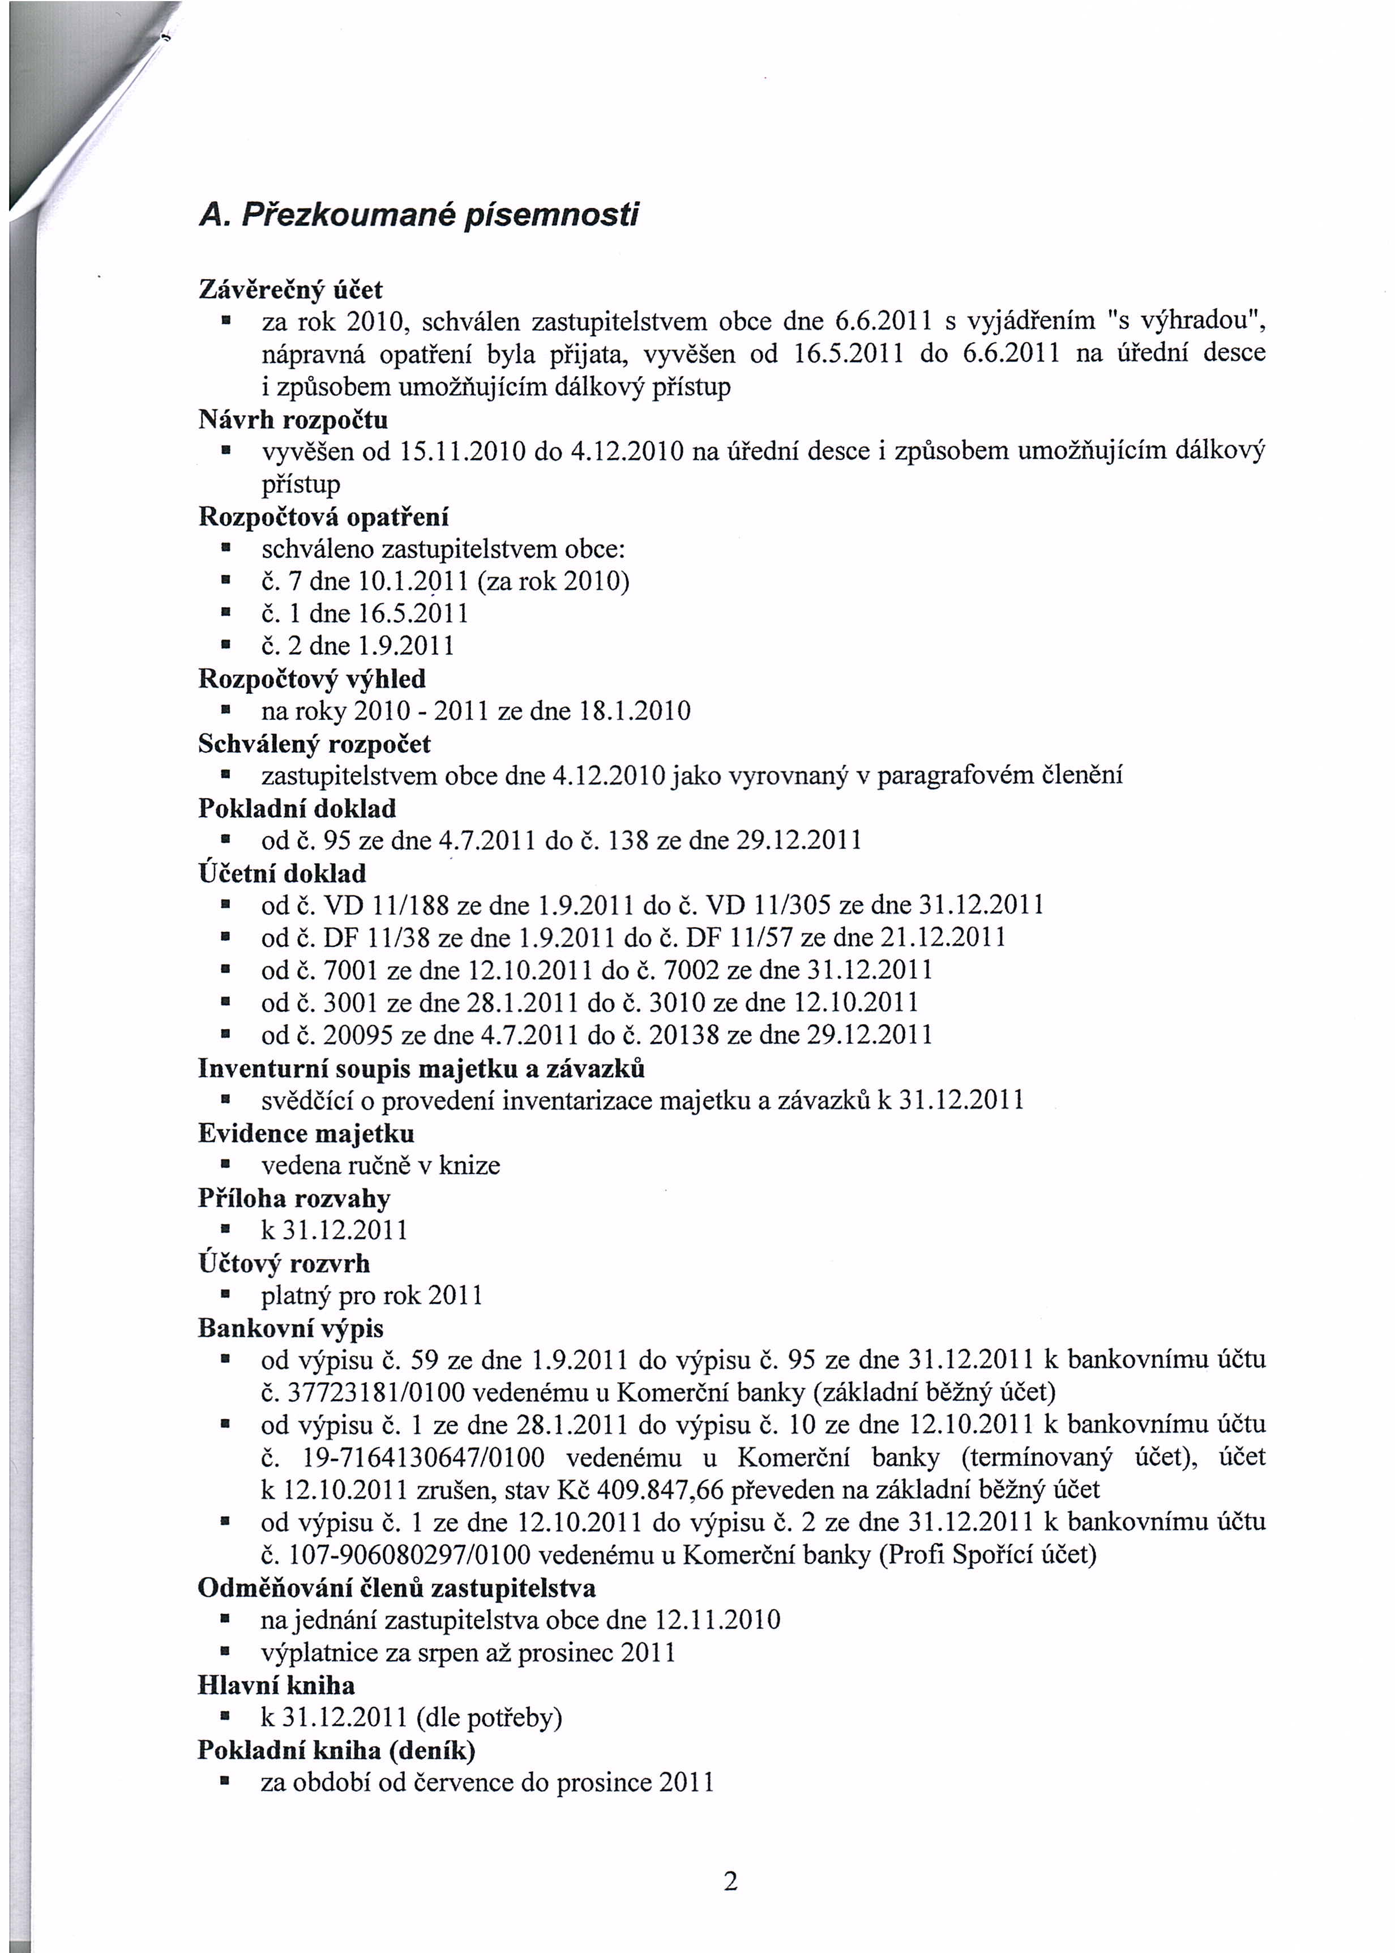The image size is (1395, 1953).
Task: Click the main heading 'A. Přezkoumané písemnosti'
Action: pos(418,215)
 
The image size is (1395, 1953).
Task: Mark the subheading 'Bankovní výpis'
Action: pos(290,1328)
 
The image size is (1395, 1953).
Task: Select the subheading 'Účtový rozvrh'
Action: pos(284,1263)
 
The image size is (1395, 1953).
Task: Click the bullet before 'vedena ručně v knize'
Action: pos(225,1166)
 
